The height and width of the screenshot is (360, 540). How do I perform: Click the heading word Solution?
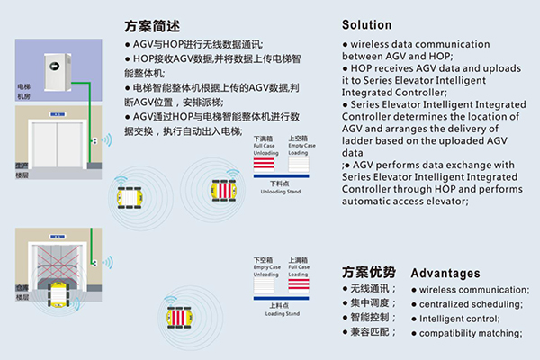pos(367,24)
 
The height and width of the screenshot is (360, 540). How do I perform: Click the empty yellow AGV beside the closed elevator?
pos(132,195)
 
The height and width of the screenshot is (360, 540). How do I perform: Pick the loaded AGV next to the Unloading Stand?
pos(220,190)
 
